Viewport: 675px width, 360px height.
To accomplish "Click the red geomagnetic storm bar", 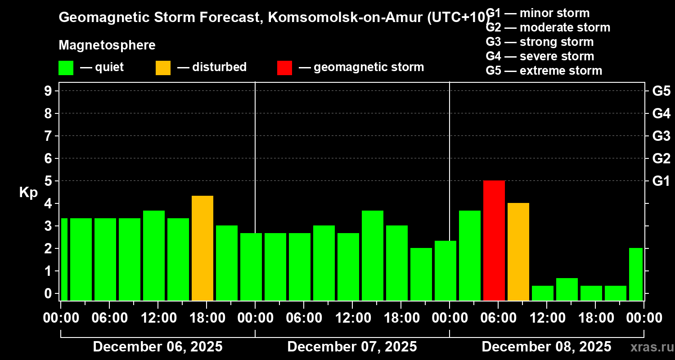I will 494,240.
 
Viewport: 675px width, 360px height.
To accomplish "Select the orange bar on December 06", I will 202,248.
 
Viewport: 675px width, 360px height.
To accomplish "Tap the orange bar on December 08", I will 518,252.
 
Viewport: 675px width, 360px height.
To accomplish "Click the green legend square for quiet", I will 66,67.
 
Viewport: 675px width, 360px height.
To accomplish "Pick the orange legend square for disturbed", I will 163,67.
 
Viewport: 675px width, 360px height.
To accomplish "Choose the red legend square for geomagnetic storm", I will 284,67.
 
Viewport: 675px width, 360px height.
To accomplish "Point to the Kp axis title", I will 28,192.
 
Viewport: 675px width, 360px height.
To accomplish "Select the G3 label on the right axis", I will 661,136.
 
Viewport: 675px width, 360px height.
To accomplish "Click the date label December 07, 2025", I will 352,347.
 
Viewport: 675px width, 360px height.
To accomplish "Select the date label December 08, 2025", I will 546,347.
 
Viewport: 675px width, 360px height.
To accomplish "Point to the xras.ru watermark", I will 652,347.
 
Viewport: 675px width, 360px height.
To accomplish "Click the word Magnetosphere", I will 107,45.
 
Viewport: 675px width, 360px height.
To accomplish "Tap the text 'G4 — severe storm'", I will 540,56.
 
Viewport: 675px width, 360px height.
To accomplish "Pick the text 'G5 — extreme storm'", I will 544,71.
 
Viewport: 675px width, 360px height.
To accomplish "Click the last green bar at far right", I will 635,274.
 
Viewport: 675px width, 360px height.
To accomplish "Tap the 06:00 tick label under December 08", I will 498,318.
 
